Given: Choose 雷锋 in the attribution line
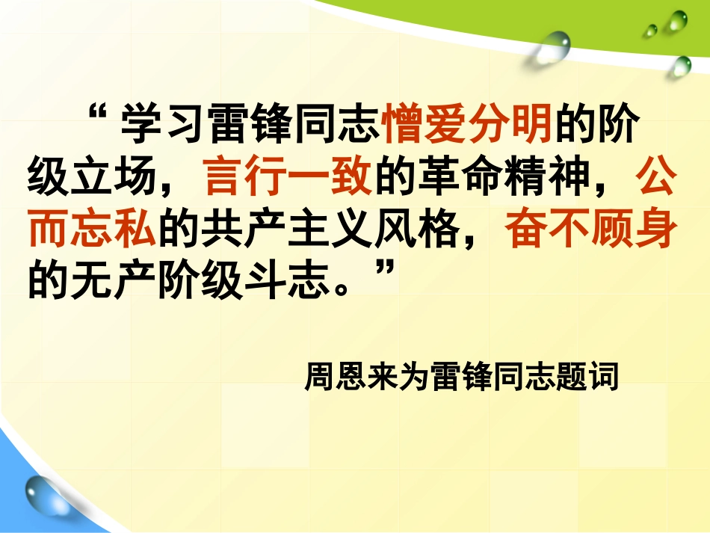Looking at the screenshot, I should [462, 376].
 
